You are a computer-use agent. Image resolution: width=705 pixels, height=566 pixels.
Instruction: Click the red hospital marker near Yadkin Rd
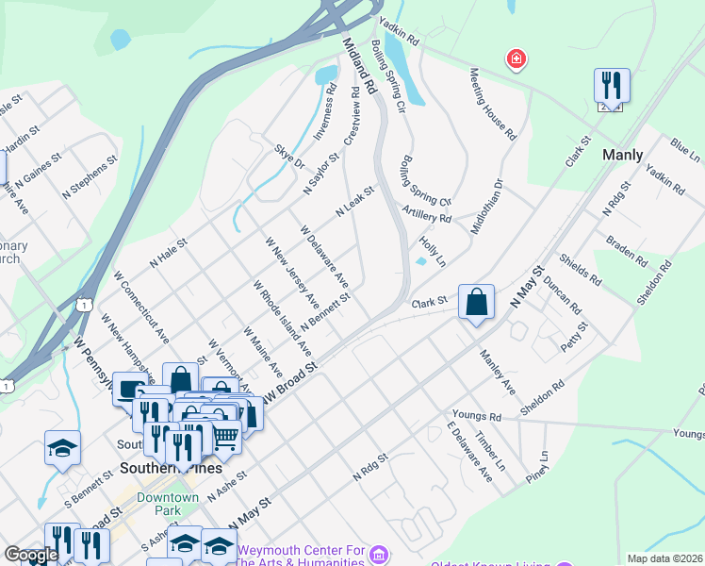tap(516, 60)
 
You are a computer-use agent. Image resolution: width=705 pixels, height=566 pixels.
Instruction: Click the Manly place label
tap(622, 155)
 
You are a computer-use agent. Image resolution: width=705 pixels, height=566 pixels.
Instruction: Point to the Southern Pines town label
tap(158, 468)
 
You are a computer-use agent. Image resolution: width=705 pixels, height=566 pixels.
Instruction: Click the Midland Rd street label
tap(359, 66)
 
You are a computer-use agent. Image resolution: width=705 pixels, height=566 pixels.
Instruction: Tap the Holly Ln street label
tap(433, 250)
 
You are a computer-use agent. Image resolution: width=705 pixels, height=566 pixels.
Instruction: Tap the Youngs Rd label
tap(475, 416)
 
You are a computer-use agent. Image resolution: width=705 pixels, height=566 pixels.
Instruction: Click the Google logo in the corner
tap(31, 555)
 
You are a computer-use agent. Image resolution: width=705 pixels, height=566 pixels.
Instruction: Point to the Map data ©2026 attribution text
tap(664, 558)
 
